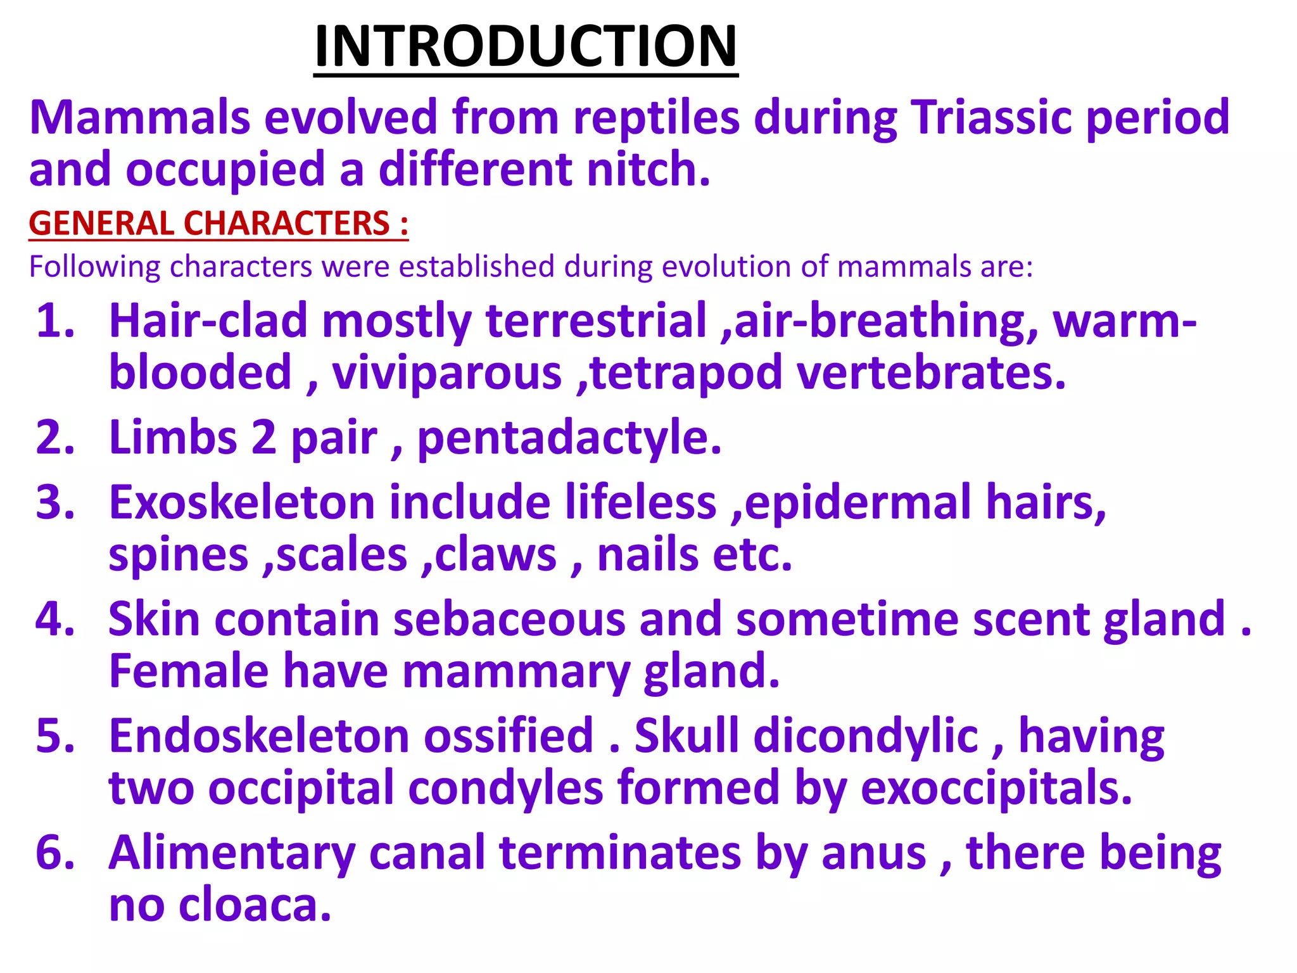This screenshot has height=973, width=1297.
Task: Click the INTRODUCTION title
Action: (526, 46)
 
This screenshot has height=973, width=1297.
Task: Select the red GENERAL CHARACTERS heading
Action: (218, 224)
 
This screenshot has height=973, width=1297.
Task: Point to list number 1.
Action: (56, 321)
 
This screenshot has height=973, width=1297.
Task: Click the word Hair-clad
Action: (208, 321)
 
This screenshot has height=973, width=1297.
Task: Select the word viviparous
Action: (446, 373)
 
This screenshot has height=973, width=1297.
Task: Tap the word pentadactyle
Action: (569, 438)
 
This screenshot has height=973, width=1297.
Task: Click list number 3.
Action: (56, 503)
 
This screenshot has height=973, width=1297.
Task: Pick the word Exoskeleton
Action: (242, 503)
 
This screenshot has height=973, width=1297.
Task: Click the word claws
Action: (495, 556)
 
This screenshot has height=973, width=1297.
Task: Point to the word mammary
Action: (516, 671)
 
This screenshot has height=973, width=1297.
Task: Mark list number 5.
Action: (56, 737)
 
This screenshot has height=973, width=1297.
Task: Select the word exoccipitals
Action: (996, 789)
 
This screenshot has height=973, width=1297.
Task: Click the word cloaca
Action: (255, 906)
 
